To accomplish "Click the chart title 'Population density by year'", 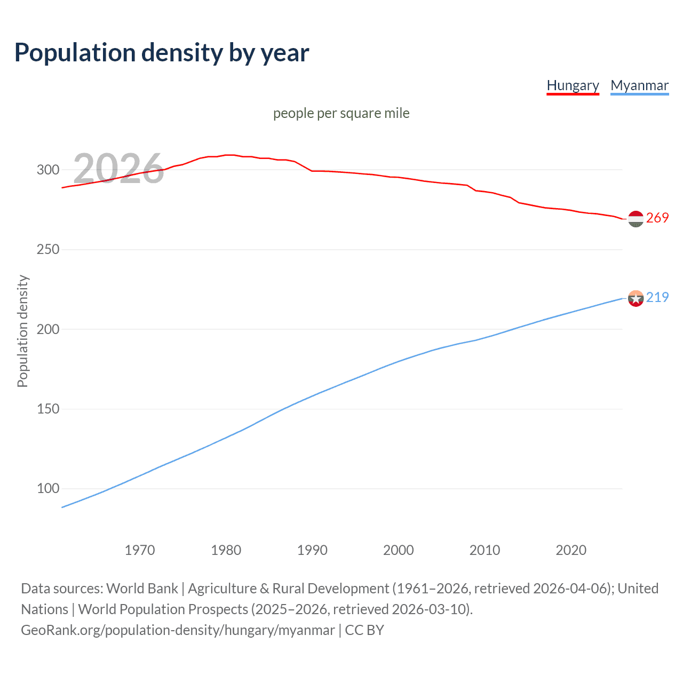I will pyautogui.click(x=162, y=53).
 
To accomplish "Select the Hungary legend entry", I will pyautogui.click(x=573, y=86).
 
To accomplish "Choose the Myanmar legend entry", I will pyautogui.click(x=639, y=86).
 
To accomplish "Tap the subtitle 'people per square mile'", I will pyautogui.click(x=341, y=113).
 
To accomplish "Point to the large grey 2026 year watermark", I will pyautogui.click(x=118, y=169).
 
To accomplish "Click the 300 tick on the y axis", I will pyautogui.click(x=47, y=170).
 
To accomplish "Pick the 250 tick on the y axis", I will pyautogui.click(x=47, y=250).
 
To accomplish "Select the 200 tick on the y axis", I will pyautogui.click(x=47, y=329).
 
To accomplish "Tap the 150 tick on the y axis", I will pyautogui.click(x=47, y=409).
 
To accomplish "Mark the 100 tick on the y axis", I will pyautogui.click(x=47, y=489).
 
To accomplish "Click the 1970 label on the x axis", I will pyautogui.click(x=140, y=550).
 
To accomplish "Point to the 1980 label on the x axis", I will pyautogui.click(x=226, y=550).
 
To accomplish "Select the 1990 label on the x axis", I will pyautogui.click(x=312, y=550).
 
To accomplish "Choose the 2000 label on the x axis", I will pyautogui.click(x=399, y=550).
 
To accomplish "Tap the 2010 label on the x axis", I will pyautogui.click(x=485, y=550).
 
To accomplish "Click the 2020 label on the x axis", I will pyautogui.click(x=571, y=550).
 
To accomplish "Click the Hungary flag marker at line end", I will pyautogui.click(x=636, y=219).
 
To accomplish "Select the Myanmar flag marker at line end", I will pyautogui.click(x=636, y=298).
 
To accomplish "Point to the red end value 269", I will pyautogui.click(x=657, y=218).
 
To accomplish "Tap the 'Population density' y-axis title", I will pyautogui.click(x=22, y=331).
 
